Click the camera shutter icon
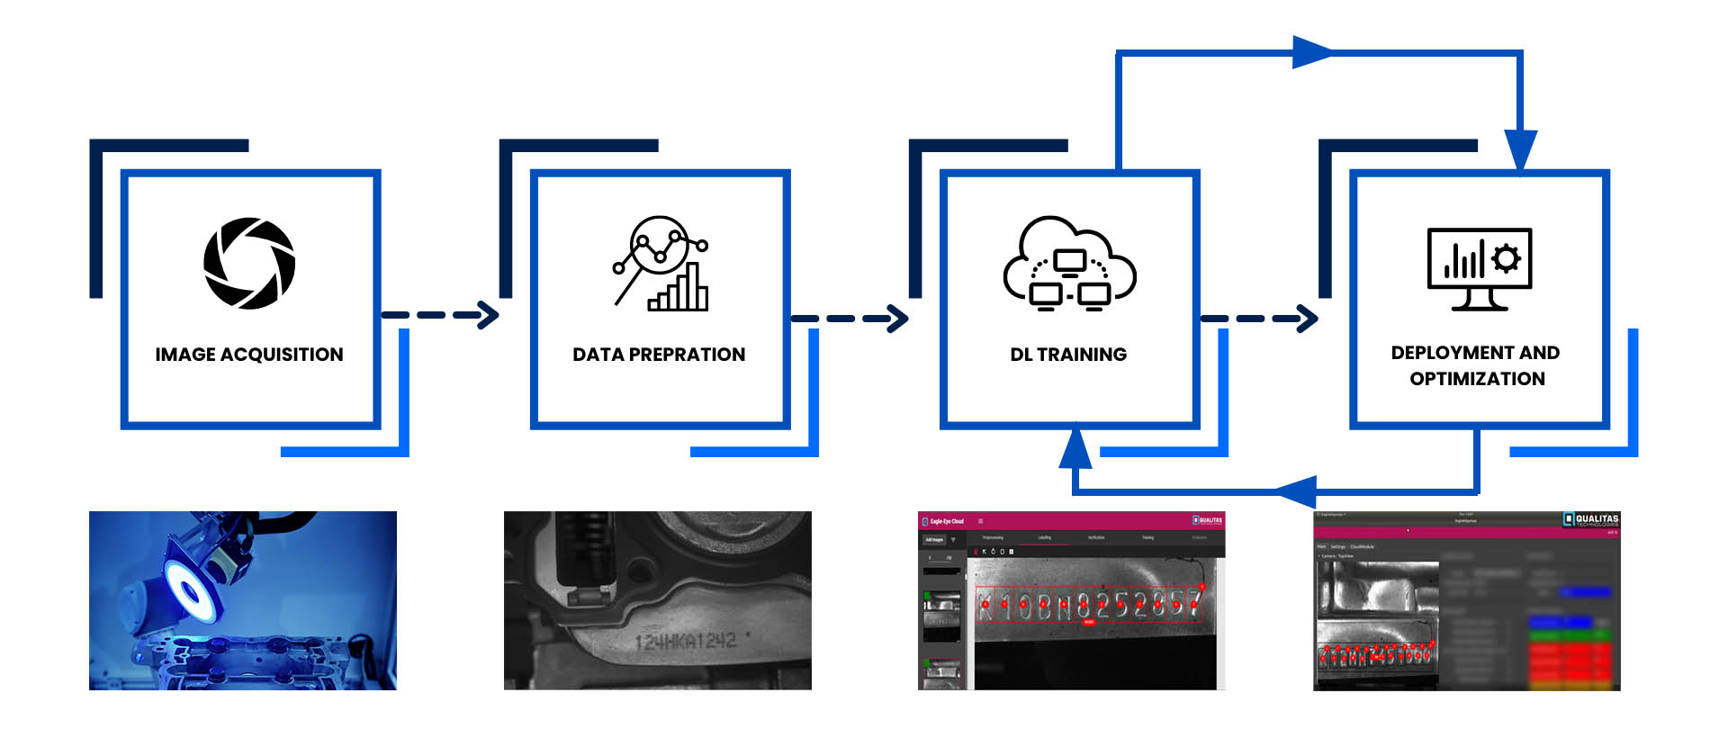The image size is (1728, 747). click(249, 263)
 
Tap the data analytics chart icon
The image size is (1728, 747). click(661, 264)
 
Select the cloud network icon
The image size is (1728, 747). click(1069, 264)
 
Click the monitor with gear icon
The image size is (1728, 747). click(1479, 268)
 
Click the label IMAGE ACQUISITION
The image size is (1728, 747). click(249, 355)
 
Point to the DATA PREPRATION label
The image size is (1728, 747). click(659, 355)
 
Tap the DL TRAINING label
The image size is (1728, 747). click(1068, 355)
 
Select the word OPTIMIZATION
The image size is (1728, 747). click(1477, 379)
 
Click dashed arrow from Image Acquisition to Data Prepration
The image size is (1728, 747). click(440, 315)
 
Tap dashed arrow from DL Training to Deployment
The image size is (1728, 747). click(1259, 319)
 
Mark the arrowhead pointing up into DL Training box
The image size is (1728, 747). click(1075, 448)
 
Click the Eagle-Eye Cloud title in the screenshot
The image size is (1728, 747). click(946, 521)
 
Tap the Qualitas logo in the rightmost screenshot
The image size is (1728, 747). click(1591, 520)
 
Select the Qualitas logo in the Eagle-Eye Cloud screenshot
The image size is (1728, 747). click(1208, 520)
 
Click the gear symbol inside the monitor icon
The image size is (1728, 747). click(1506, 258)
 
